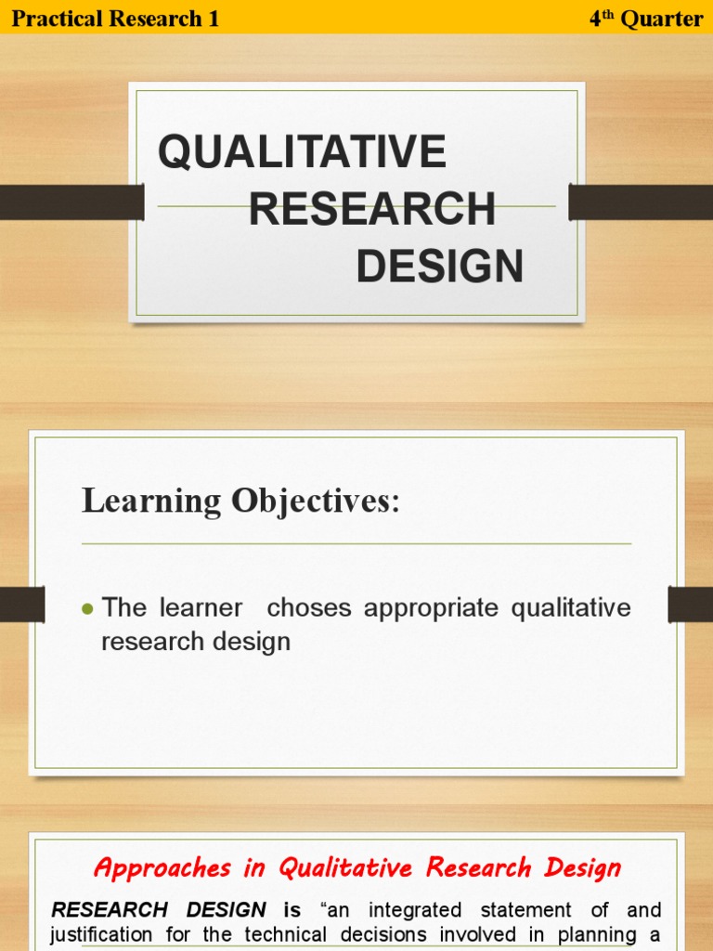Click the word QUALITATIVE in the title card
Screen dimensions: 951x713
[302, 152]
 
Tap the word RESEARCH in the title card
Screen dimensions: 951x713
[371, 210]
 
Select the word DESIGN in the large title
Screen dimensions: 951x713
[439, 267]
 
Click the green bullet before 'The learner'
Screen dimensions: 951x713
[88, 609]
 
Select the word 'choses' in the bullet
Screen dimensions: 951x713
[309, 608]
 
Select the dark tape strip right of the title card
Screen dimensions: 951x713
[641, 202]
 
